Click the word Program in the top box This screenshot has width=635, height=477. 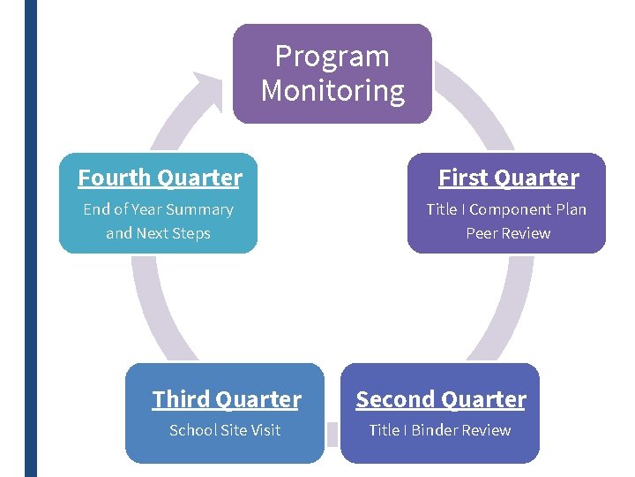tap(332, 57)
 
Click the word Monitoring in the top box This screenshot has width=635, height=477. tap(332, 91)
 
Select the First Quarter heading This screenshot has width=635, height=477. tap(508, 178)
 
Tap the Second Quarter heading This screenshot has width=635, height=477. tap(440, 399)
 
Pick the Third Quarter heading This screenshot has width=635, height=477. tap(226, 399)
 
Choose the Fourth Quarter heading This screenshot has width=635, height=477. tap(160, 178)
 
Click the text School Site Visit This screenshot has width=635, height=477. tap(225, 430)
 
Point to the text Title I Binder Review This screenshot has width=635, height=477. tap(439, 430)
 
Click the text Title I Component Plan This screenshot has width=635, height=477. tap(506, 209)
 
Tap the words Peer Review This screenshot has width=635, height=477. tap(508, 233)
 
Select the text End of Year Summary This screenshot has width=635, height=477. tap(158, 209)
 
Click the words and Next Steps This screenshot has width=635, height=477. tap(158, 233)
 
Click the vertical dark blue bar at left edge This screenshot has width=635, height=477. tap(31, 238)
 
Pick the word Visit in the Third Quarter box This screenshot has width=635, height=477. tap(264, 430)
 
